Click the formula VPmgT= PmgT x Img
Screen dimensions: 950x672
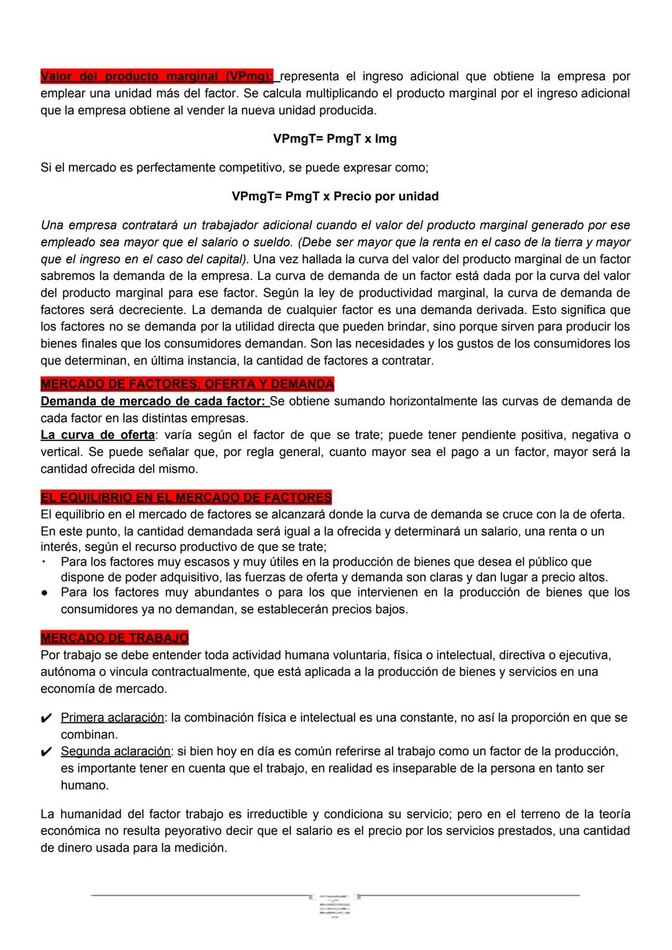click(x=335, y=139)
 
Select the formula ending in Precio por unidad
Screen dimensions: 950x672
click(x=335, y=197)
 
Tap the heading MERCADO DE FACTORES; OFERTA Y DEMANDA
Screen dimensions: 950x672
click(x=187, y=384)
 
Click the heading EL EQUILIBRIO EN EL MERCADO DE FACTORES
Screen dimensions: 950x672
click(x=186, y=498)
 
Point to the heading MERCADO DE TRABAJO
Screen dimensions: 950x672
click(x=114, y=638)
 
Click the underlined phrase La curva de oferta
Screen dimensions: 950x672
click(x=98, y=435)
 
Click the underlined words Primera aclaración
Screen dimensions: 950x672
click(x=112, y=718)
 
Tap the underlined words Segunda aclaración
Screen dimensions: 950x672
click(x=115, y=752)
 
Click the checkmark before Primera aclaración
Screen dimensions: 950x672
click(x=46, y=719)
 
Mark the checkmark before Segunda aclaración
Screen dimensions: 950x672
click(x=46, y=752)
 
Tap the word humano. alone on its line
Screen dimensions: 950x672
click(x=85, y=786)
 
